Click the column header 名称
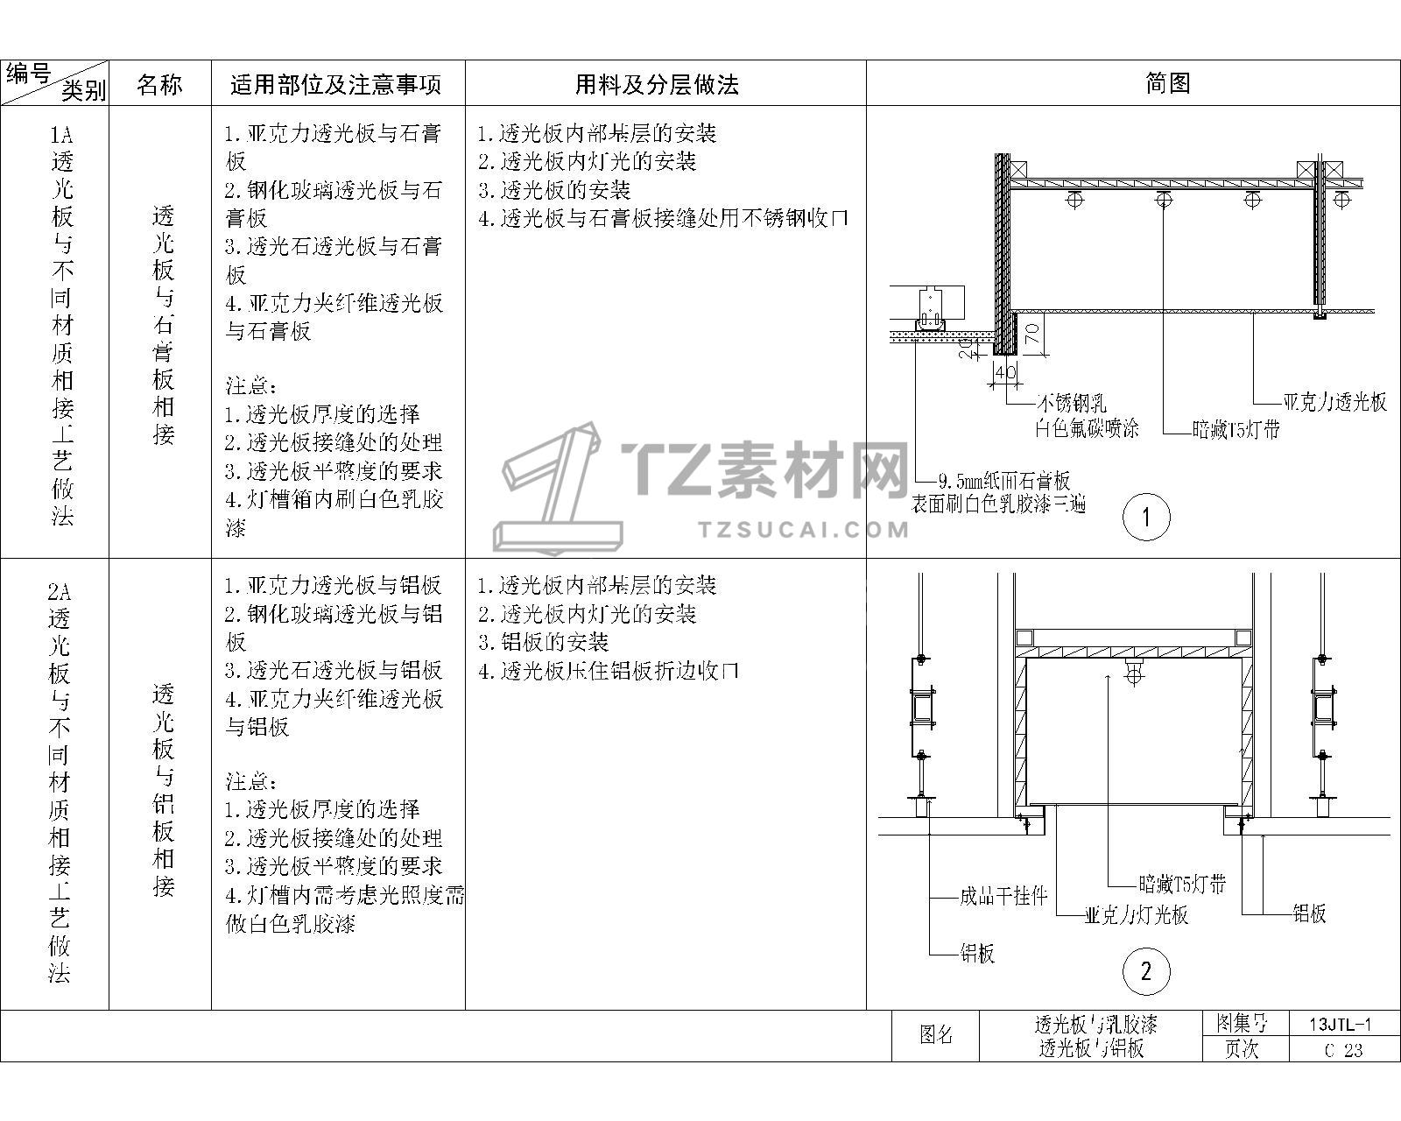[159, 85]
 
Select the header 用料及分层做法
[657, 85]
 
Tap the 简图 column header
[1168, 83]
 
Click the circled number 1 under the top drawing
[1146, 518]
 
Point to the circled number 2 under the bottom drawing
[1146, 971]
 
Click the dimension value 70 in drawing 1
[1031, 335]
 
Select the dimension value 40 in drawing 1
[1005, 372]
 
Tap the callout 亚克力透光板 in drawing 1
[1334, 403]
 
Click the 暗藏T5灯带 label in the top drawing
[1236, 429]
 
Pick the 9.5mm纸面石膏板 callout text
[1003, 482]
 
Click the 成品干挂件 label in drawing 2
[1003, 897]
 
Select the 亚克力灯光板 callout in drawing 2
[1137, 915]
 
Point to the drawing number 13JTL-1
[1341, 1026]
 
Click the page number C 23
[1343, 1050]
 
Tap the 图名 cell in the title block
[935, 1035]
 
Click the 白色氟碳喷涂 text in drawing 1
[1087, 428]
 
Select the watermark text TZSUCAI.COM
[803, 530]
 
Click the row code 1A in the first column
[61, 135]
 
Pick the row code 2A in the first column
[60, 591]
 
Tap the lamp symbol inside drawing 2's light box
[1134, 672]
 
